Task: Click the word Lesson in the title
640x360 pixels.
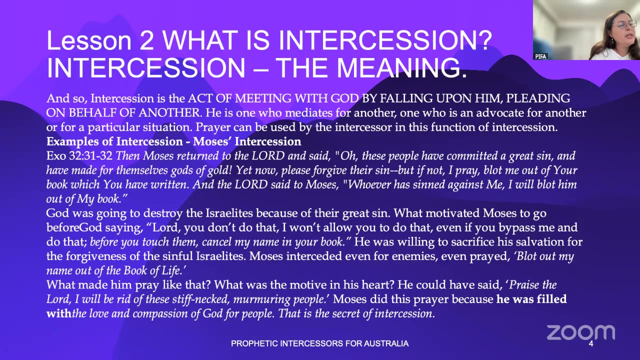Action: pyautogui.click(x=89, y=40)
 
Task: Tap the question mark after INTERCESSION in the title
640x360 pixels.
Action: pyautogui.click(x=483, y=40)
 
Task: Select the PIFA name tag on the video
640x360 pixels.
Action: pyautogui.click(x=540, y=56)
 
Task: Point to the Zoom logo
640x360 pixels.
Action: pyautogui.click(x=581, y=332)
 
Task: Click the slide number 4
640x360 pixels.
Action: pyautogui.click(x=591, y=343)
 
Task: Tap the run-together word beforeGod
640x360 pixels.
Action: pyautogui.click(x=74, y=227)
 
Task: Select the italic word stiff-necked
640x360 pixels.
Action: pyautogui.click(x=201, y=299)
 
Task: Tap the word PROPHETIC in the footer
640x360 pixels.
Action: pyautogui.click(x=253, y=343)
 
